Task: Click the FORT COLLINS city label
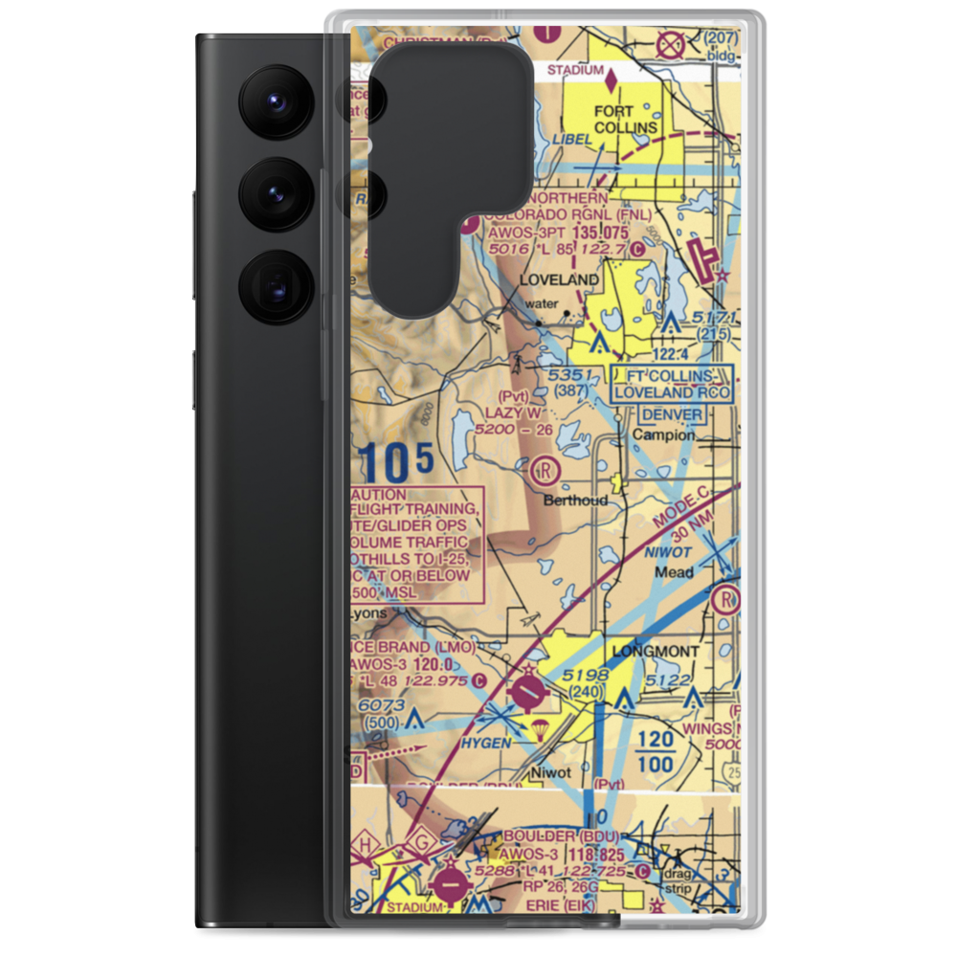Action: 626,118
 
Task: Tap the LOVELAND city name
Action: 559,280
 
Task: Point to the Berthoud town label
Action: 575,500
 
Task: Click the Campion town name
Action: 664,434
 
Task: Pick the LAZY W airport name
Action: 513,412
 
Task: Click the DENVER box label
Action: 671,414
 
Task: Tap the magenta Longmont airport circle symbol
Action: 526,689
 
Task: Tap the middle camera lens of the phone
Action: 276,194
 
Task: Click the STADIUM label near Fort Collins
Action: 575,70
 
